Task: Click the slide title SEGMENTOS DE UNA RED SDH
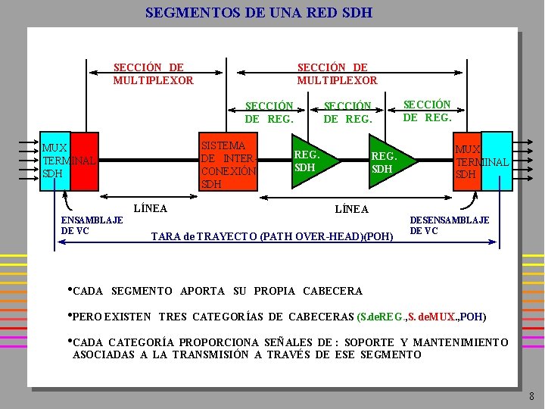[x=258, y=13]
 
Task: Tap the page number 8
[x=531, y=396]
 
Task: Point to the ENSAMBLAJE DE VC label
[x=92, y=225]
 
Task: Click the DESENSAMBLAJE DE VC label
[x=450, y=225]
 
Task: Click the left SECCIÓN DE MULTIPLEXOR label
[x=153, y=73]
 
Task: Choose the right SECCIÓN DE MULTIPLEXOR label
[x=337, y=73]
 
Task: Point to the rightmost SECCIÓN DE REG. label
[x=427, y=111]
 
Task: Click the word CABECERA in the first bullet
[x=332, y=291]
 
